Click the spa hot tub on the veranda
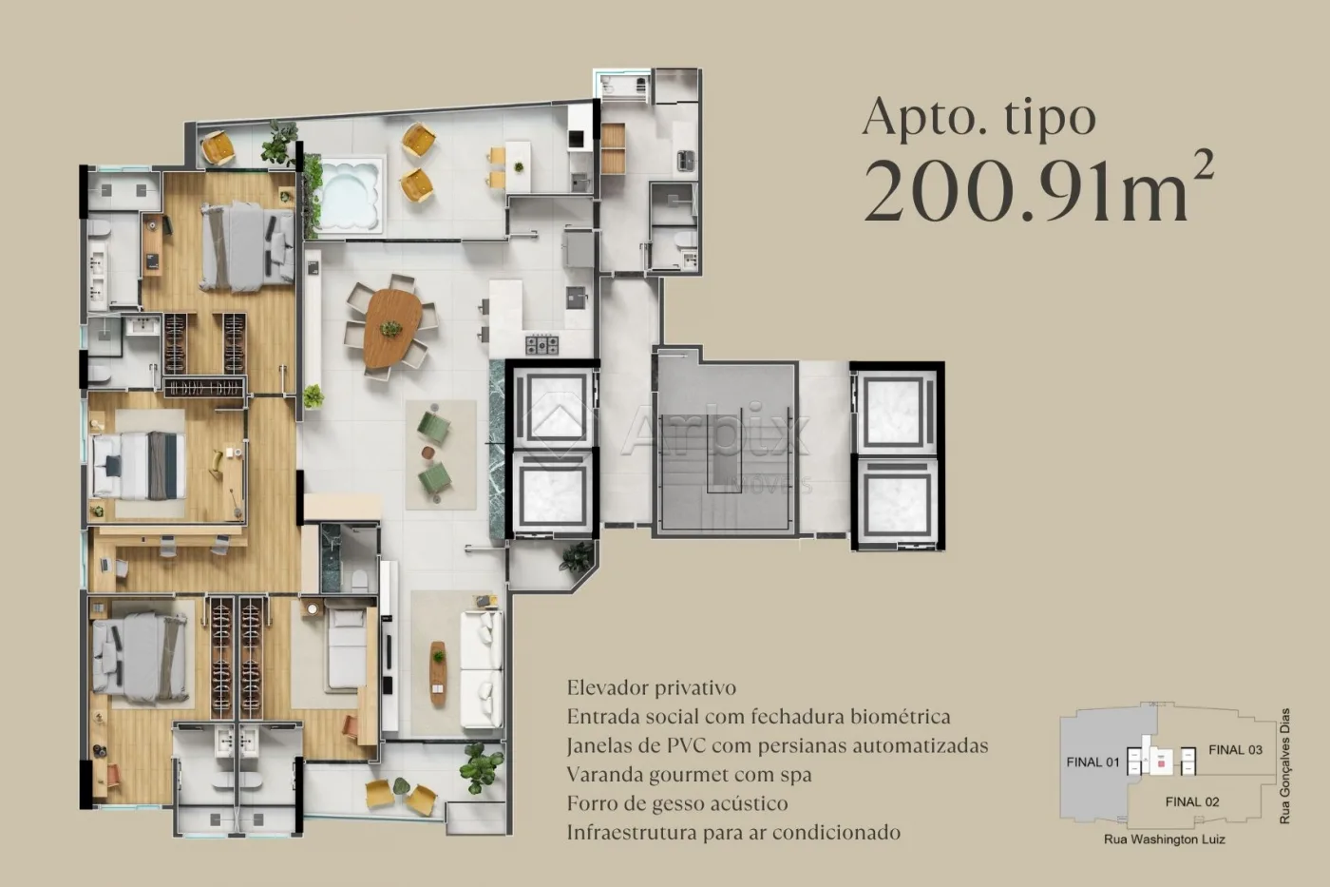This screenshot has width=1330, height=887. click(350, 194)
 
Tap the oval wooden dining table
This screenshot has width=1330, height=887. click(391, 327)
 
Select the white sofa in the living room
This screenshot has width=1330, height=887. click(482, 669)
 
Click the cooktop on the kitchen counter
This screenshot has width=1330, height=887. click(542, 344)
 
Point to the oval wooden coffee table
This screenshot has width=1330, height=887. click(437, 673)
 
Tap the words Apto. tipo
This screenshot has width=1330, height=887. click(978, 117)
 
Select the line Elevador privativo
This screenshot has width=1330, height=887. click(652, 687)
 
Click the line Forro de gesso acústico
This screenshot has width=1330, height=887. click(677, 803)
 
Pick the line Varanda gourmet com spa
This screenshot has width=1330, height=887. click(690, 774)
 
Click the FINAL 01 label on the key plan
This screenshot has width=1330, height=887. click(1092, 762)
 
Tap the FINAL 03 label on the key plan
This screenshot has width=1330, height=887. click(1235, 749)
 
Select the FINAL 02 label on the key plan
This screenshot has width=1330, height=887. click(1191, 801)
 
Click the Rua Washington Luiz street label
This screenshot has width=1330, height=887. click(1164, 839)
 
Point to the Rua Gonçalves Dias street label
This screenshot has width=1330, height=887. click(1284, 765)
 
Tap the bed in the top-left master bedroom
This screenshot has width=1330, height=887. click(247, 247)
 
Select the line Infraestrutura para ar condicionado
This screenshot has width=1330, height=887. click(733, 833)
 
